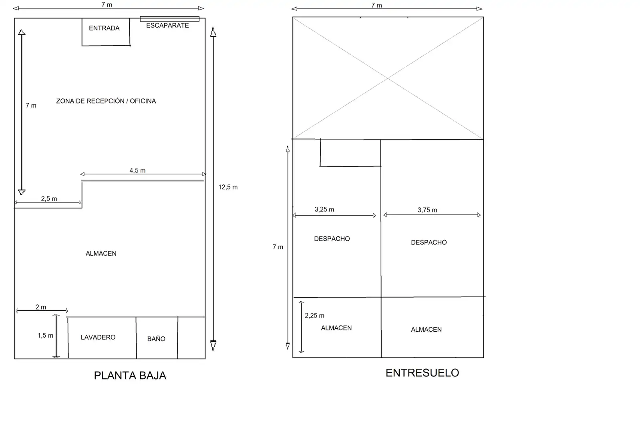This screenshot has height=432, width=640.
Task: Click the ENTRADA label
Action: tap(104, 28)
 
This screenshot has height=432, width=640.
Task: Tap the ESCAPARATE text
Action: tap(167, 25)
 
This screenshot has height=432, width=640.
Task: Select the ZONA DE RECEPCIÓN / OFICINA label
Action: tap(106, 101)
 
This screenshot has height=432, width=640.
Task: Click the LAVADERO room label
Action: tap(98, 337)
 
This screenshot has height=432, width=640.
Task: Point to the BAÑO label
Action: tap(156, 339)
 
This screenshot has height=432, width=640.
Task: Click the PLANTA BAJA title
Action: tap(130, 376)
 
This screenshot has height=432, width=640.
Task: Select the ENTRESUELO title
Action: tap(422, 373)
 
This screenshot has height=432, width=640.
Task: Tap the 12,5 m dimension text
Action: tap(228, 187)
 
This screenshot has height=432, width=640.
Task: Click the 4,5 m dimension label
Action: tap(137, 171)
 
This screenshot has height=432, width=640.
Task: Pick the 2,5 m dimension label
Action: tap(49, 198)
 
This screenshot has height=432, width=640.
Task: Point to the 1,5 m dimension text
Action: tap(45, 336)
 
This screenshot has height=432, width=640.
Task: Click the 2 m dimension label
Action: tap(40, 307)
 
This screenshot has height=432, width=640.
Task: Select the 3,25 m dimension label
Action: tap(324, 210)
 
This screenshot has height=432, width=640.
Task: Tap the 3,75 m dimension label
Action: tap(427, 210)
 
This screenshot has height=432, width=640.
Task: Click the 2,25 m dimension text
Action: tap(314, 316)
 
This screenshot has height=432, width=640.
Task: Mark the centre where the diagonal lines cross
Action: tap(388, 78)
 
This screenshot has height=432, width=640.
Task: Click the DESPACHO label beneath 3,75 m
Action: tap(429, 242)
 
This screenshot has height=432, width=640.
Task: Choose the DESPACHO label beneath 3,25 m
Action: tap(332, 239)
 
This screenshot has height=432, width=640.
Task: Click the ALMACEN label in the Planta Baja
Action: tap(101, 254)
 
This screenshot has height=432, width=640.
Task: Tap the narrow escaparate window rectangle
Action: tap(170, 19)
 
